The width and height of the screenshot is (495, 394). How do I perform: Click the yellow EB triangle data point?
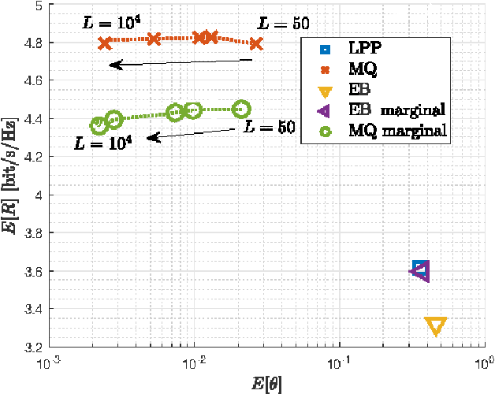(435, 325)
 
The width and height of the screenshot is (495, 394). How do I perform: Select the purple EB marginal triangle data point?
(419, 271)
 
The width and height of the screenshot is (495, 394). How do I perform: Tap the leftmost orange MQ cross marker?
(105, 43)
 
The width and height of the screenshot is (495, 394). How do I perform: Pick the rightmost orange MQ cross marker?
(255, 43)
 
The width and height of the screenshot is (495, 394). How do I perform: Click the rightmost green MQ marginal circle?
(242, 109)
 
